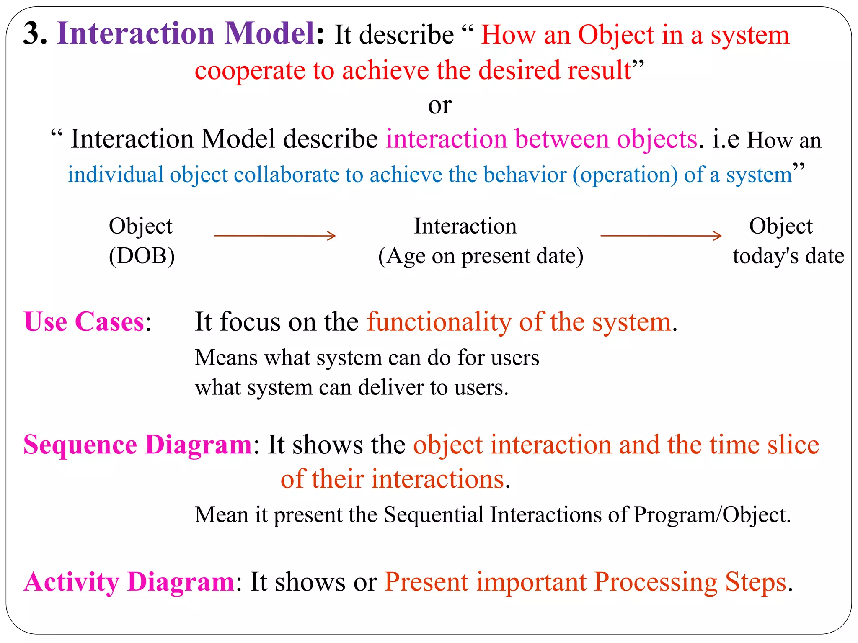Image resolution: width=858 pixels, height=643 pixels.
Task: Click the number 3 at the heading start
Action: tap(34, 33)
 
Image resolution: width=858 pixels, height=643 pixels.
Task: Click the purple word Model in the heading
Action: tap(270, 33)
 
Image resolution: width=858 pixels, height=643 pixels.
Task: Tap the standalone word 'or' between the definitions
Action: tap(439, 105)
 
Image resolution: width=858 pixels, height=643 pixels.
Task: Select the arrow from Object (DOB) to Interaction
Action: tap(275, 236)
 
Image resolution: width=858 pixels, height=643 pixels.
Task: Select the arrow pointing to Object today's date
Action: tap(661, 236)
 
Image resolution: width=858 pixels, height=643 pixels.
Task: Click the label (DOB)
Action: tap(142, 256)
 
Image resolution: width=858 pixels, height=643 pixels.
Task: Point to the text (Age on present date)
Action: tap(481, 256)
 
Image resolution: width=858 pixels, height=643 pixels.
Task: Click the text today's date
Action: tap(788, 256)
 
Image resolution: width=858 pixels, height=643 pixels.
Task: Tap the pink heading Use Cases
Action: tap(84, 322)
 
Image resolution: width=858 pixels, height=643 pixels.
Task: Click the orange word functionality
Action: tap(439, 322)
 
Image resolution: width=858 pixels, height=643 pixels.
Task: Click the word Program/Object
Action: tap(711, 514)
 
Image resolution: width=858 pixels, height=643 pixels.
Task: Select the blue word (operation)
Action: tap(625, 175)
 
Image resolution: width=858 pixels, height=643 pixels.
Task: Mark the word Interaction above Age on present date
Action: tap(465, 226)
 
